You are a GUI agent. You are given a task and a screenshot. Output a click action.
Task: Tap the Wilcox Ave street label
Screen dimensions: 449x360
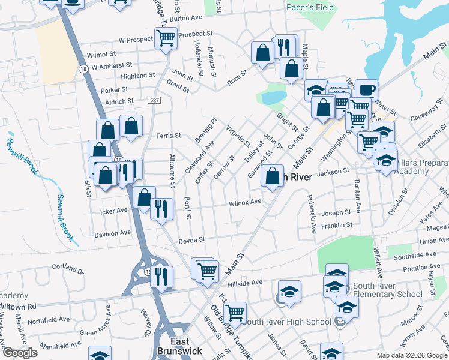click(x=245, y=203)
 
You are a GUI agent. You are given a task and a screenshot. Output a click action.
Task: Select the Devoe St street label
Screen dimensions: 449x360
click(x=192, y=239)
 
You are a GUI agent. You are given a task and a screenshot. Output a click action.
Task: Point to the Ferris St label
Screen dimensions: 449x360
click(x=168, y=136)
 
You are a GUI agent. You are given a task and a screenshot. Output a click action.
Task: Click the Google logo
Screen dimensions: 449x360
click(x=19, y=353)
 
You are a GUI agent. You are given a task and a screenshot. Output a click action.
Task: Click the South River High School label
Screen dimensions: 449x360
click(x=289, y=322)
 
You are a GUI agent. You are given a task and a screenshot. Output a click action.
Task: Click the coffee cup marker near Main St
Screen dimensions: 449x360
click(x=366, y=91)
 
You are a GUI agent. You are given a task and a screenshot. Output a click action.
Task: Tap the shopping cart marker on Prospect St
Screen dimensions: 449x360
click(x=166, y=38)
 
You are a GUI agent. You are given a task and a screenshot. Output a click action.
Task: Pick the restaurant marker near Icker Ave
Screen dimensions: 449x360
click(x=161, y=208)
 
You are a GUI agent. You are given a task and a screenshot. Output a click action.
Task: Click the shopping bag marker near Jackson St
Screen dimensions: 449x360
click(x=273, y=176)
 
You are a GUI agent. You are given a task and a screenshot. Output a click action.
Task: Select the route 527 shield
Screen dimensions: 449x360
click(x=155, y=102)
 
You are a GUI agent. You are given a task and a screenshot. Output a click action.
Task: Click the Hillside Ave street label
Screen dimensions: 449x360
click(x=248, y=282)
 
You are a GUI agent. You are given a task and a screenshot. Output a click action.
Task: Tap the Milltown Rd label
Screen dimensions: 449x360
click(x=18, y=305)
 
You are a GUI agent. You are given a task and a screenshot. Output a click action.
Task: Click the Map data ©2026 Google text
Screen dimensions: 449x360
click(x=411, y=355)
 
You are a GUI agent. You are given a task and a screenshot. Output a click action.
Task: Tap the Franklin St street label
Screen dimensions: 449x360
click(x=337, y=225)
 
